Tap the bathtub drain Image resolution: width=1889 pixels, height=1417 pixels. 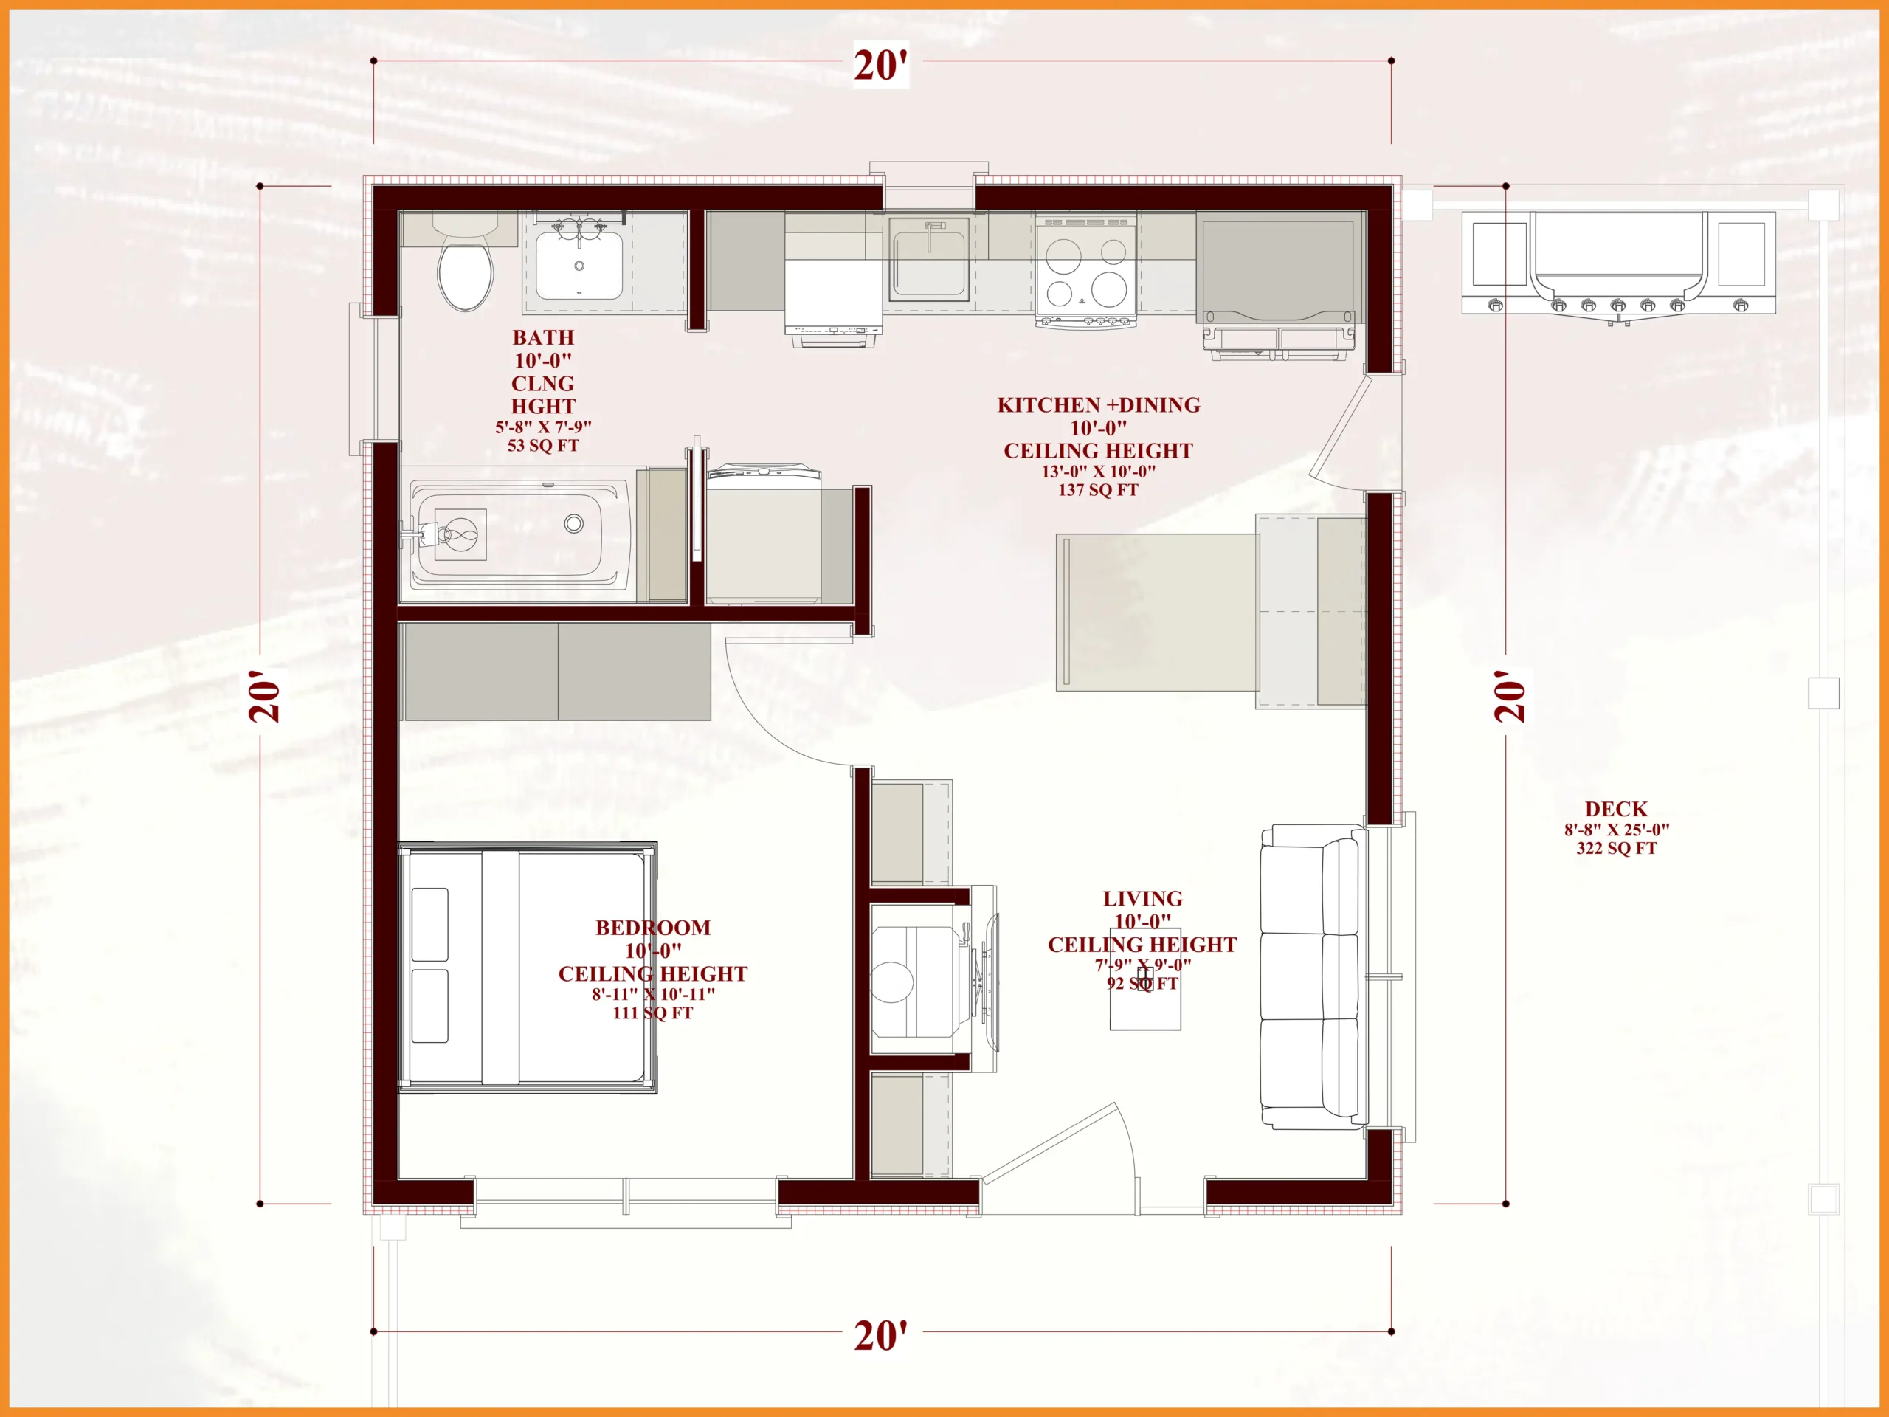point(574,523)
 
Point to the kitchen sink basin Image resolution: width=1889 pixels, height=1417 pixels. point(928,260)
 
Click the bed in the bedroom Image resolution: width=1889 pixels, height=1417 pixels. point(528,968)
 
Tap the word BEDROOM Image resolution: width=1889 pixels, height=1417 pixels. point(652,928)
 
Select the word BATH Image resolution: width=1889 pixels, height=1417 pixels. point(543,337)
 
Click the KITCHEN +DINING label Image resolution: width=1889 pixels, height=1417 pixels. point(1098,405)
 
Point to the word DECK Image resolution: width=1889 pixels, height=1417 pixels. point(1616,809)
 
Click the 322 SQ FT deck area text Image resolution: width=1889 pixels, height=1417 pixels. point(1616,848)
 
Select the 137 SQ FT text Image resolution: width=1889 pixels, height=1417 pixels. point(1098,489)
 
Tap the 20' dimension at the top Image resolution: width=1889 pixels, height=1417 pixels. point(880,65)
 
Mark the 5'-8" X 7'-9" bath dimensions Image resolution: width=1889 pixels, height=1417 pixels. point(543,427)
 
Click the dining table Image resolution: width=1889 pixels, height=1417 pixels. point(1157,612)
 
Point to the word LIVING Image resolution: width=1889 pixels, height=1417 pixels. point(1142,899)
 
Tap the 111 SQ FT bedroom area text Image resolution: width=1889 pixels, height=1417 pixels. point(652,1013)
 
